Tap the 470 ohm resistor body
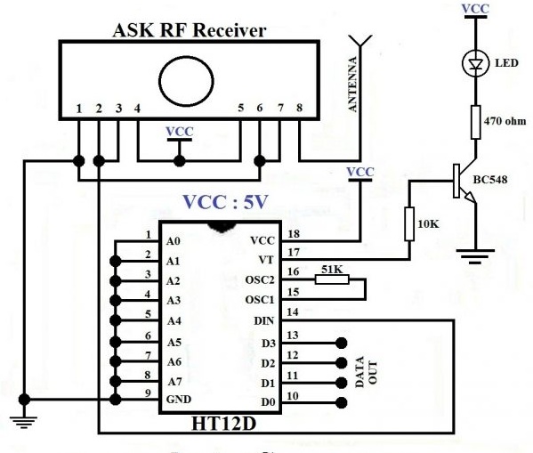pyautogui.click(x=476, y=123)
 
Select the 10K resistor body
pyautogui.click(x=409, y=223)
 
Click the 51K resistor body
pyautogui.click(x=332, y=279)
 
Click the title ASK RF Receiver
pyautogui.click(x=189, y=30)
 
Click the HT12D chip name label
pyautogui.click(x=223, y=424)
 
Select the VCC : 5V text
pyautogui.click(x=226, y=201)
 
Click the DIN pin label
pyautogui.click(x=264, y=320)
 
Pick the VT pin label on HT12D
pyautogui.click(x=266, y=260)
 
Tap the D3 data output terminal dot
pyautogui.click(x=342, y=344)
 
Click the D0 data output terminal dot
pyautogui.click(x=342, y=403)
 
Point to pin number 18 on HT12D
pyautogui.click(x=294, y=234)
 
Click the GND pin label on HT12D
pyautogui.click(x=179, y=400)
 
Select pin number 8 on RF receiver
pyautogui.click(x=299, y=108)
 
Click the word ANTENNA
pyautogui.click(x=353, y=84)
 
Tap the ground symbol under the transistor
pyautogui.click(x=476, y=256)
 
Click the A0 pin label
pyautogui.click(x=173, y=241)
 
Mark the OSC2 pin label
pyautogui.click(x=260, y=279)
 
